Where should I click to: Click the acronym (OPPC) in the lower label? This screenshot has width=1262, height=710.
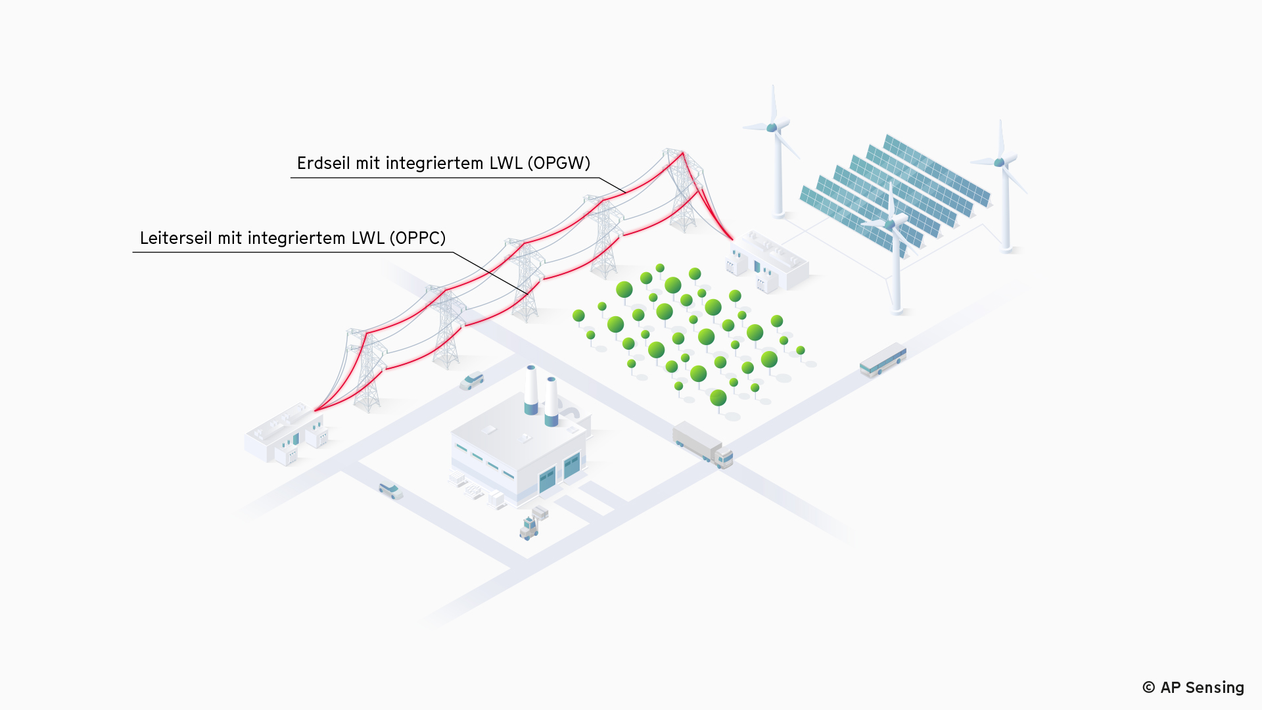click(x=417, y=238)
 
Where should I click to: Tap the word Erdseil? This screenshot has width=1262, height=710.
click(x=323, y=163)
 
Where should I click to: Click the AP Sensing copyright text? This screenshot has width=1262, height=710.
click(x=1193, y=688)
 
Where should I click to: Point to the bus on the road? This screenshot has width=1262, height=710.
click(x=883, y=360)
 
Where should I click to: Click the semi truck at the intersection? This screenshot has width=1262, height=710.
click(x=702, y=444)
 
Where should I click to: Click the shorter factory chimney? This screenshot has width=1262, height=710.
click(x=551, y=401)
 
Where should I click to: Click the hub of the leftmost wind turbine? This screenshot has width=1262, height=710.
click(x=772, y=128)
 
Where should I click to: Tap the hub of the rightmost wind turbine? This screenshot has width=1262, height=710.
click(x=999, y=162)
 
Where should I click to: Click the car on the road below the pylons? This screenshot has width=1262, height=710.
click(x=471, y=381)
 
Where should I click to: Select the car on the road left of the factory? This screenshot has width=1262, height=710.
click(x=390, y=490)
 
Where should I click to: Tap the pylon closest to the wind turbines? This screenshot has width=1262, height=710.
click(x=683, y=191)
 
